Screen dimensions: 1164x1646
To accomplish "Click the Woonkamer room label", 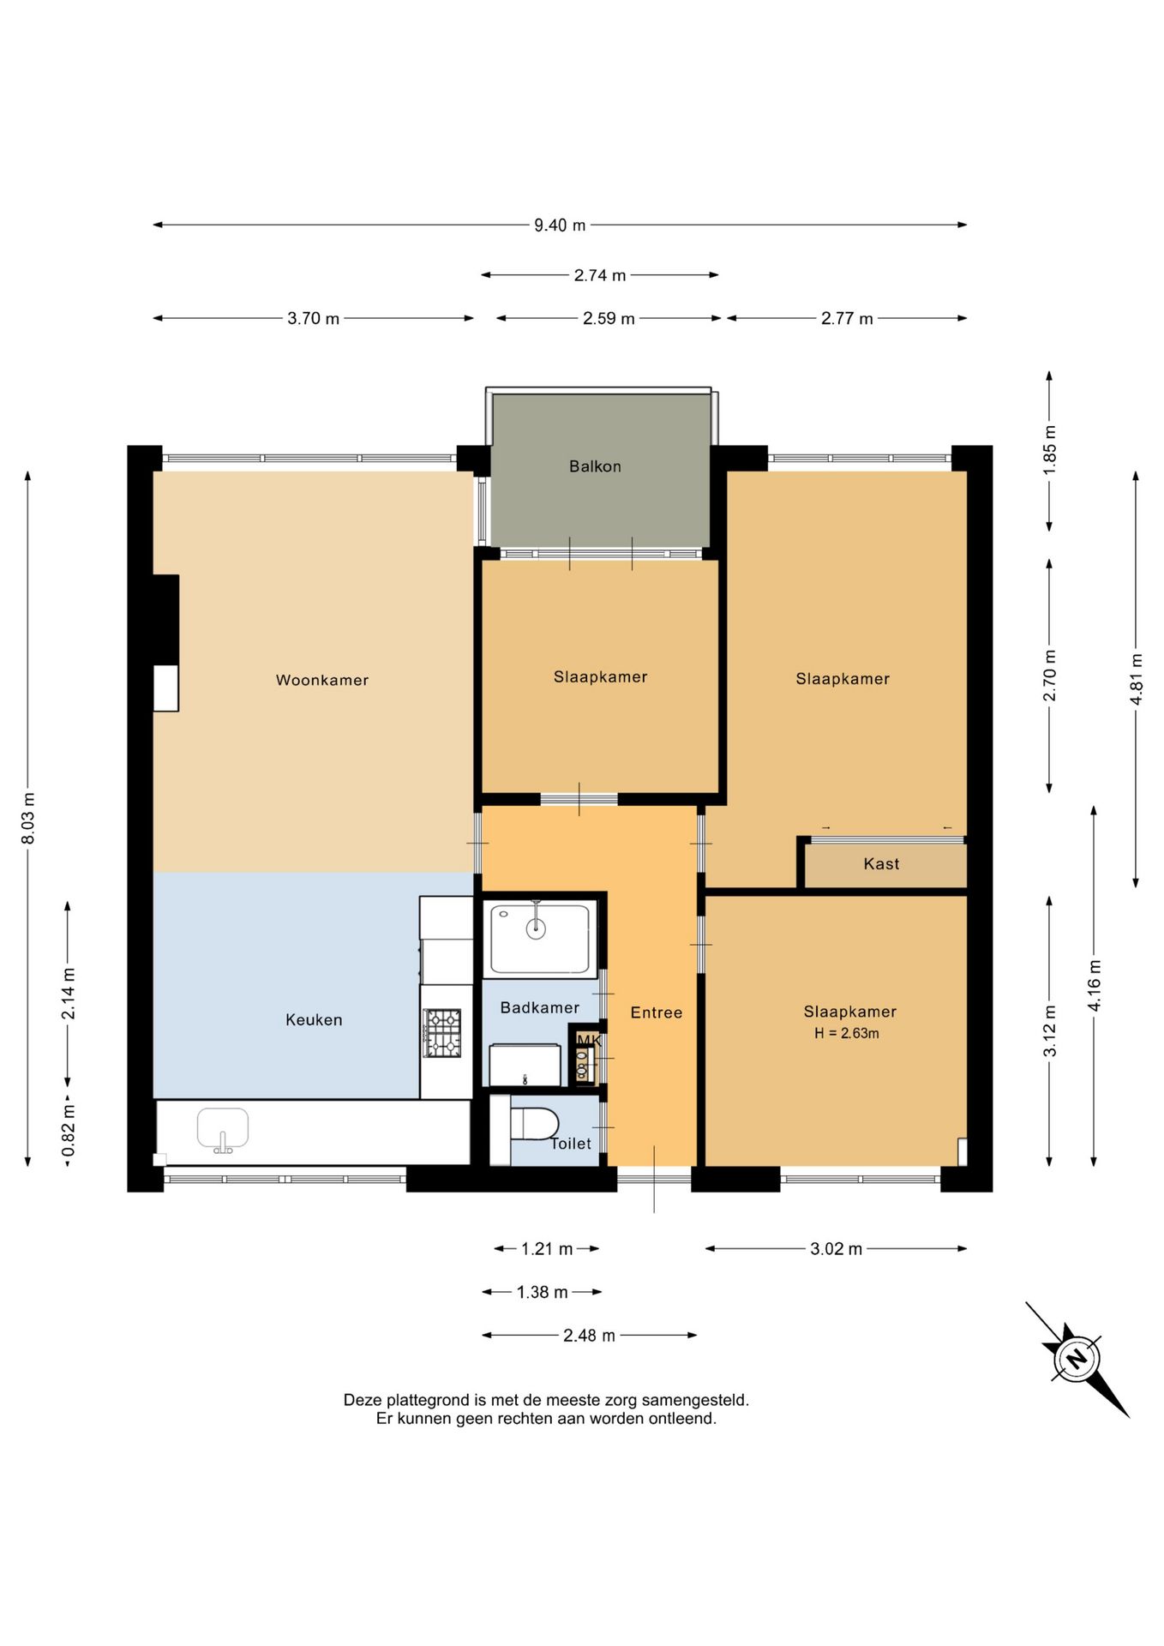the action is [322, 680].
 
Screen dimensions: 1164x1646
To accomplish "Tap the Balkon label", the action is [595, 466].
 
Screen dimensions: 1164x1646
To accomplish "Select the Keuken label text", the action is [314, 1019].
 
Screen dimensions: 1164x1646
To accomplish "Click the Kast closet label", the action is [881, 864].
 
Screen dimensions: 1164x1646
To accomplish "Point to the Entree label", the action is [657, 1012].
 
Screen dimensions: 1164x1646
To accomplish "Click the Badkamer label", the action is [540, 1007].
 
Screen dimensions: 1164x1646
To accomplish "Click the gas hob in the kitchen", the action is [442, 1033].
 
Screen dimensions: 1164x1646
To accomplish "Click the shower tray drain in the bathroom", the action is [536, 927].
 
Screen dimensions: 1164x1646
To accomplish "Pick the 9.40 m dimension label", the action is [560, 225].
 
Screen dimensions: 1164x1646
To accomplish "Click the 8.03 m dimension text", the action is [27, 817].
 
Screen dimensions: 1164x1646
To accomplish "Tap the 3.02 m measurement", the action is [837, 1249].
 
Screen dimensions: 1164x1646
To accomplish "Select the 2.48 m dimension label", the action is [589, 1336].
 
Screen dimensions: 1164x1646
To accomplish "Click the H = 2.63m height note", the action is [847, 1033].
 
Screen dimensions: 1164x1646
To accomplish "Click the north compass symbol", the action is [1077, 1359].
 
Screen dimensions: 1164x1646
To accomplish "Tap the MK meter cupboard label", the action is [588, 1041].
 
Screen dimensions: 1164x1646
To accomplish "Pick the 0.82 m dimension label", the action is [69, 1130].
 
